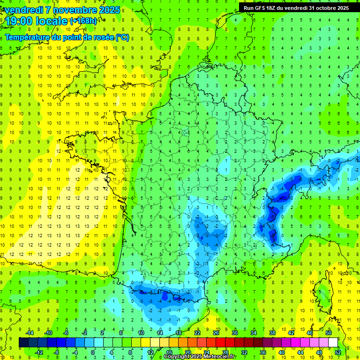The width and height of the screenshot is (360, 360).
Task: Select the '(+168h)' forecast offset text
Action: tap(83, 21)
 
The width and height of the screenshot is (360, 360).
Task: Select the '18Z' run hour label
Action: tap(277, 8)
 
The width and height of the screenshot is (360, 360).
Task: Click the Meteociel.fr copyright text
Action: tap(199, 357)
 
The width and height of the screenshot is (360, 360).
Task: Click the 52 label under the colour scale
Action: tap(338, 352)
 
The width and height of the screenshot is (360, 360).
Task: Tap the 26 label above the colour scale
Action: tap(216, 332)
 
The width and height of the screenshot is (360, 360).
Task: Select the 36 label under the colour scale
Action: tap(263, 352)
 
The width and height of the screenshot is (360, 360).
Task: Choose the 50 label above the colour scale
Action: tap(329, 332)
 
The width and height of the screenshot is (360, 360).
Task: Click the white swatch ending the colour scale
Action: tap(333, 342)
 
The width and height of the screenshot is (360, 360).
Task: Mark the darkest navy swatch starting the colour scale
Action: tap(23, 342)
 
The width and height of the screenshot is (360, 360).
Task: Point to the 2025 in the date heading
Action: tap(109, 10)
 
